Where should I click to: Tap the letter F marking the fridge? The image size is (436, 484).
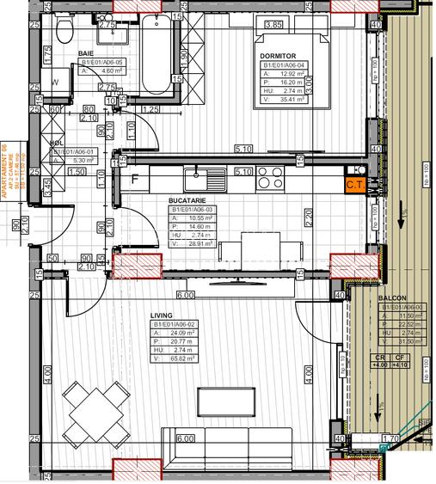pos(135,181)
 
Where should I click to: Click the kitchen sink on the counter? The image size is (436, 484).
pos(205,181)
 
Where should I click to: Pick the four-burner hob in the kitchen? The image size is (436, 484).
pos(272,181)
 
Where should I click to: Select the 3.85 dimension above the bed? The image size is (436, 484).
pos(274,25)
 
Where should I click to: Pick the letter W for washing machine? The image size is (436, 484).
pos(54,83)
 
